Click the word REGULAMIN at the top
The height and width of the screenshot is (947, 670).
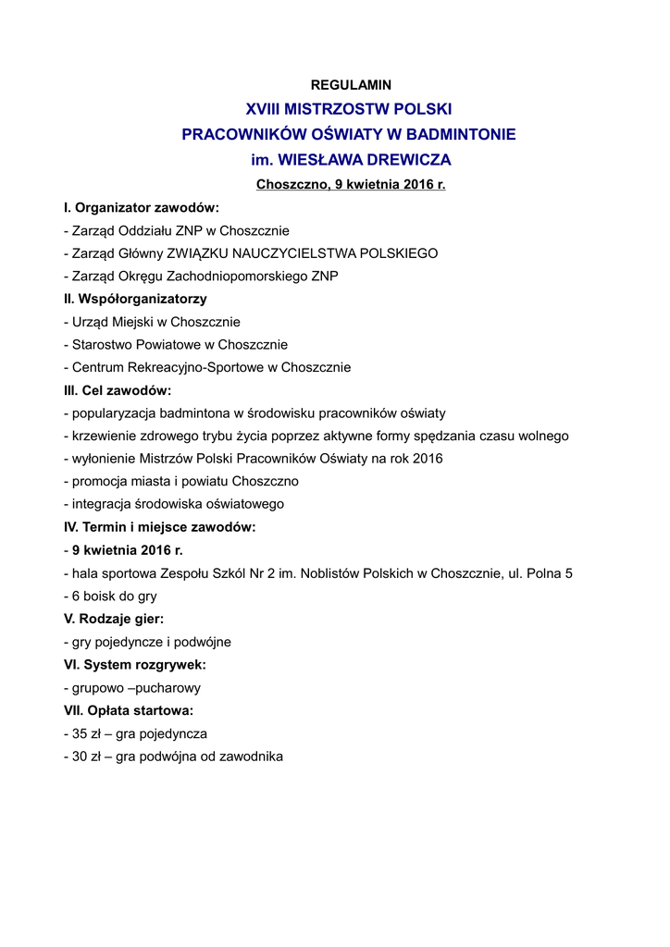coord(351,84)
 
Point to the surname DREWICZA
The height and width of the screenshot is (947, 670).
coord(397,159)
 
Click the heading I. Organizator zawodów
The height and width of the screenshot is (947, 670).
coord(142,207)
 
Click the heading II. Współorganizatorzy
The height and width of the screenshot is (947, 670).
coord(135,299)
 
